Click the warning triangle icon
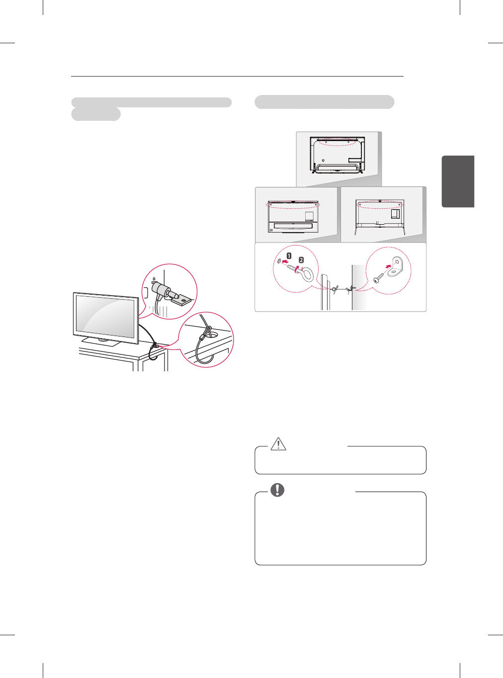pyautogui.click(x=278, y=443)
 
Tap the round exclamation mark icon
pyautogui.click(x=277, y=490)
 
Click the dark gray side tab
pyautogui.click(x=458, y=181)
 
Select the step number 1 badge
pyautogui.click(x=289, y=256)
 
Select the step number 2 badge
pyautogui.click(x=301, y=260)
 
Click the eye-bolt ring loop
pyautogui.click(x=308, y=274)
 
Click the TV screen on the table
pyautogui.click(x=106, y=316)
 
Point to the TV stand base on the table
pyautogui.click(x=102, y=341)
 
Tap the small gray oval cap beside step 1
pyautogui.click(x=279, y=260)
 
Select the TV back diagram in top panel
pyautogui.click(x=337, y=155)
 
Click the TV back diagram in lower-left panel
pyautogui.click(x=294, y=217)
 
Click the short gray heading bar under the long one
pyautogui.click(x=96, y=114)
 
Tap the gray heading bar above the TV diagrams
pyautogui.click(x=324, y=102)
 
